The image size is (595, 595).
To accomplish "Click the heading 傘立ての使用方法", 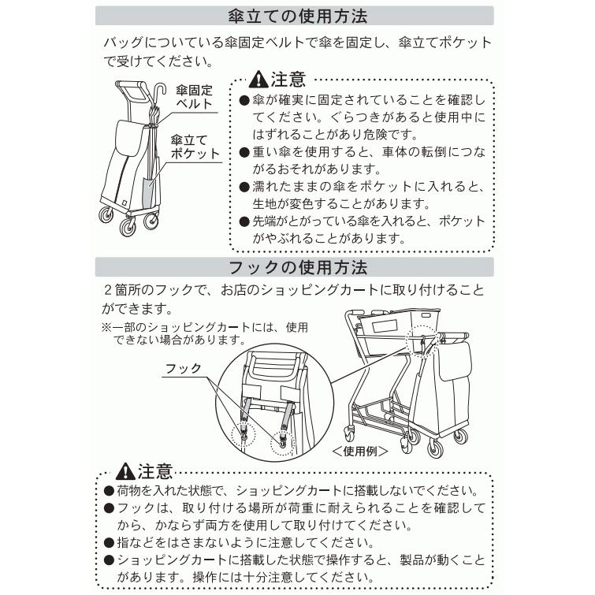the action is [x=298, y=17].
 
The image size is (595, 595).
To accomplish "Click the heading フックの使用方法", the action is [x=298, y=267].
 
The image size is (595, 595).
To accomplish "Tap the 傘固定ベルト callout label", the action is [x=194, y=97].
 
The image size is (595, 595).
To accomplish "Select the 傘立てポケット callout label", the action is [x=195, y=147].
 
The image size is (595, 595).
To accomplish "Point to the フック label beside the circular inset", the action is [x=184, y=368].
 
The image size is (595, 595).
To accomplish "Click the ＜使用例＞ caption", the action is [x=360, y=451].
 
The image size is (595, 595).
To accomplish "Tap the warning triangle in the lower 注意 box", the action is [x=125, y=471].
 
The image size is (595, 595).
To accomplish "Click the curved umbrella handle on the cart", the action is [x=161, y=91].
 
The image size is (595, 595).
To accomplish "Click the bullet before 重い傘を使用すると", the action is [x=244, y=153].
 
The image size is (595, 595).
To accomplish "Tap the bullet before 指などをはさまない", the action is [x=109, y=543].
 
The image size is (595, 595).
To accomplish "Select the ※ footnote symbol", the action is [x=106, y=327].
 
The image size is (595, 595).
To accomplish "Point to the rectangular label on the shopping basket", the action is [x=385, y=326].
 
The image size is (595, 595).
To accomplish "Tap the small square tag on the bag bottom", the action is [x=124, y=202].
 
